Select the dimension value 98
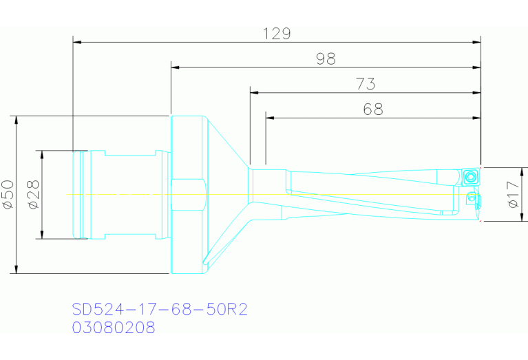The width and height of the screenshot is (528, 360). tap(326, 59)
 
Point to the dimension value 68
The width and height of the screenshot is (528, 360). tap(372, 109)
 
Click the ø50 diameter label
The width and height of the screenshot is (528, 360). tap(8, 194)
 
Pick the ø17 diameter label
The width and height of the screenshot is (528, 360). tap(512, 195)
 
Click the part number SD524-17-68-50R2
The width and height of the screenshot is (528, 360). tap(160, 310)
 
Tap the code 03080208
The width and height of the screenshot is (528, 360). tap(114, 328)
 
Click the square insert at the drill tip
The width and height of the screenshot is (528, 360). tap(471, 176)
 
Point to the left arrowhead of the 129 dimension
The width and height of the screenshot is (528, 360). tap(77, 42)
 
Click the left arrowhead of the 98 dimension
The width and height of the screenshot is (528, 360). tap(175, 67)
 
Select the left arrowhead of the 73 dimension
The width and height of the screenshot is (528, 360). tap(254, 92)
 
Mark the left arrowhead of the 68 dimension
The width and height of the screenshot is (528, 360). tap(269, 118)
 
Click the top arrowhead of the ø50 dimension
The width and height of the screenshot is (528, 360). tap(17, 119)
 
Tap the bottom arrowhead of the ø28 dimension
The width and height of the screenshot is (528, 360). tap(43, 235)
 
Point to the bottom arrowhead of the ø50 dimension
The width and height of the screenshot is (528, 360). tap(17, 269)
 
